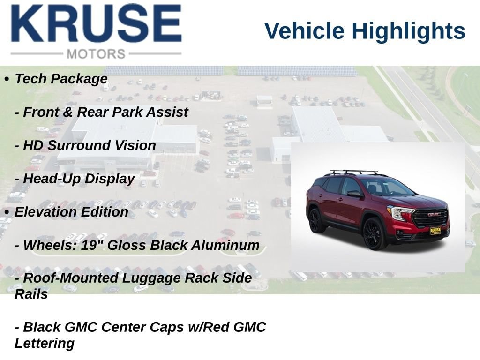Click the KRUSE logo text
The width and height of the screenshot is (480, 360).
point(96,23)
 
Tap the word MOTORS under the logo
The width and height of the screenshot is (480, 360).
point(96,54)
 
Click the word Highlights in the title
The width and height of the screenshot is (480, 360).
point(408,31)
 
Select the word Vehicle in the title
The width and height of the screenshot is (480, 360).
point(304,30)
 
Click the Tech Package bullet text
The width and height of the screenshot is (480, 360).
point(61,79)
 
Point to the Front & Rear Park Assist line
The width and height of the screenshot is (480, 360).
point(101,112)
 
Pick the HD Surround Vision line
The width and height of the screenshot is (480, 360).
point(85,145)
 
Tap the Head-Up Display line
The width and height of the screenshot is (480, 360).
point(75,179)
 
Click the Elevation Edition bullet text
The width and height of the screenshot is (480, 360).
point(71,212)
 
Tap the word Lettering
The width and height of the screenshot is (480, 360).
point(45,344)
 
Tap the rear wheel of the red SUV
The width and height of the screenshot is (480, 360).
point(314,220)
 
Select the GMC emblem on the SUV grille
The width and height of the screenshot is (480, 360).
point(434,214)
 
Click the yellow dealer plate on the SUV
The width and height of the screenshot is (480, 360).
point(435,231)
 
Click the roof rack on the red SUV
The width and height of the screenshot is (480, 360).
point(355,172)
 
